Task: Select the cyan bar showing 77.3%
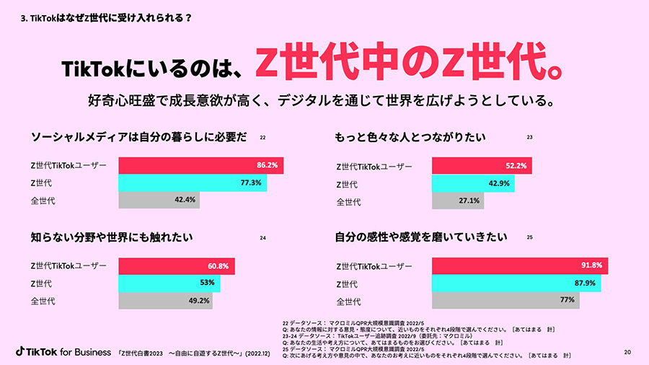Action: [193, 183]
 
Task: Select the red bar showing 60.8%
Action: [177, 266]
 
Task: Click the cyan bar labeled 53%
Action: [169, 283]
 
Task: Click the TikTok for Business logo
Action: [62, 351]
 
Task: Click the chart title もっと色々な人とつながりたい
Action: [410, 136]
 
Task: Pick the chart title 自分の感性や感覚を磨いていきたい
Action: [421, 237]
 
